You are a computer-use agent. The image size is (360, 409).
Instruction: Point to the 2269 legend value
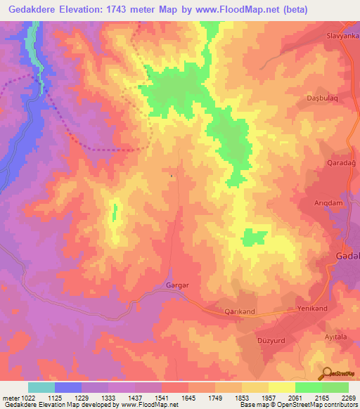click(348, 397)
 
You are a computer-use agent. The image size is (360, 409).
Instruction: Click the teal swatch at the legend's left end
click(41, 387)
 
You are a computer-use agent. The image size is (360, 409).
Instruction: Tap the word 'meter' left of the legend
click(10, 397)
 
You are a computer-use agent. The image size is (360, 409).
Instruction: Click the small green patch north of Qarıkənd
click(254, 238)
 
